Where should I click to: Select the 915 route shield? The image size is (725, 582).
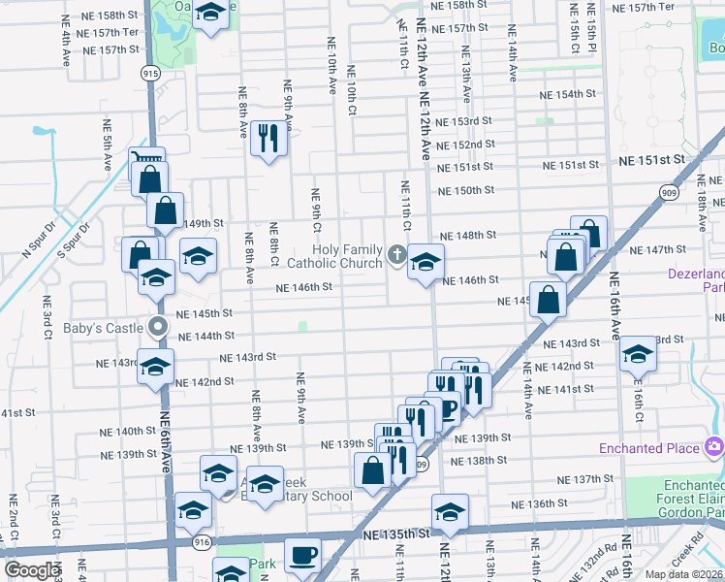click(150, 73)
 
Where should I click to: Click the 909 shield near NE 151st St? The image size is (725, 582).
click(698, 193)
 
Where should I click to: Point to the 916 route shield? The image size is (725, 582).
click(202, 543)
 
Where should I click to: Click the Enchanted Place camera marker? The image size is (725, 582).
click(714, 447)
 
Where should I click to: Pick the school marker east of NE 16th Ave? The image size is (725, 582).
click(638, 355)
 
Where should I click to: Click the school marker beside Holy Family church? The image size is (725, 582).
click(425, 262)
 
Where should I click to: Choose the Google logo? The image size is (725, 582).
click(32, 570)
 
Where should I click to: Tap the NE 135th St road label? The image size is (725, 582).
click(395, 533)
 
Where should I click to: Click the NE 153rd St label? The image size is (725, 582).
click(463, 121)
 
